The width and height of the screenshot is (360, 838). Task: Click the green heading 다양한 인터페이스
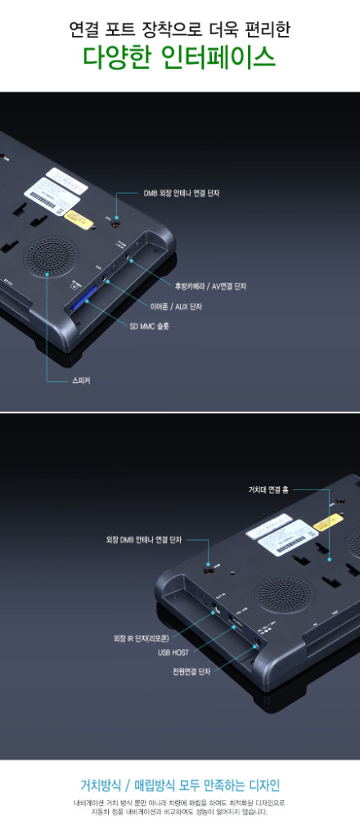179,59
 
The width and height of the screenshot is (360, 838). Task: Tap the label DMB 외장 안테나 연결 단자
181,193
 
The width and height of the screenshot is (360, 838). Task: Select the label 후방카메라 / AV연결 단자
210,286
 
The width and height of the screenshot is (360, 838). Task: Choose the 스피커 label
81,381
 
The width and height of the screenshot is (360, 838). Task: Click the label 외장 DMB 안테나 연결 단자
144,540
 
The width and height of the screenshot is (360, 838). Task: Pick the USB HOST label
173,653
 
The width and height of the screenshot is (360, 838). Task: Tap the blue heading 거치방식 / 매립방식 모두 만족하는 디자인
179,785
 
